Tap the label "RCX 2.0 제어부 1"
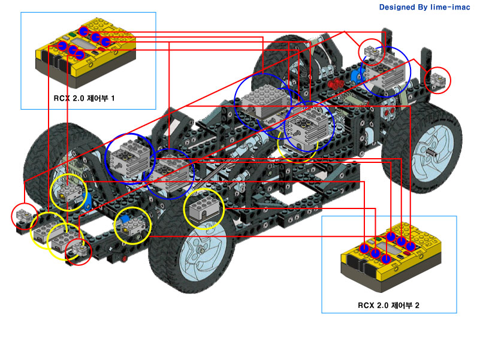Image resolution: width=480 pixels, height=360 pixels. click(x=89, y=96)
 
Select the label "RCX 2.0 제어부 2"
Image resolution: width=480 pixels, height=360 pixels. click(x=388, y=305)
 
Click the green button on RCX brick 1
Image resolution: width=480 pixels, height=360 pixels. click(x=71, y=35)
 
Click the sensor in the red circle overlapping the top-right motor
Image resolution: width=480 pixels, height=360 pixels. click(x=372, y=53)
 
